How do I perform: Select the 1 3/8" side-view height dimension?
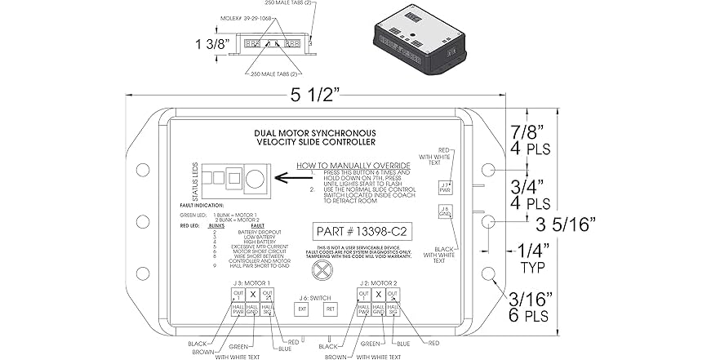(x=208, y=45)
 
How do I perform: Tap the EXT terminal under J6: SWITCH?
(x=300, y=309)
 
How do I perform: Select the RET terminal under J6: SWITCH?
(x=331, y=309)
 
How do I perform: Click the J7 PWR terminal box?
(x=444, y=187)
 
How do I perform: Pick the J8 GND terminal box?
(x=444, y=212)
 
